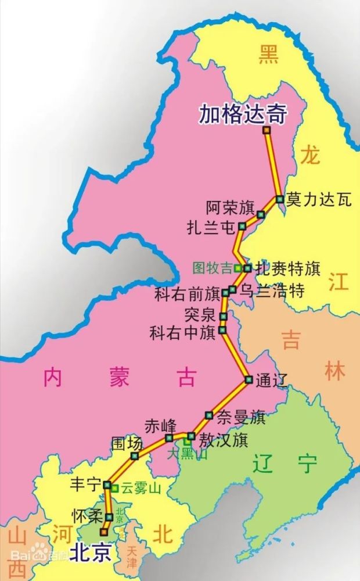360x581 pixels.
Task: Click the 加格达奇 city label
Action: (x=243, y=114)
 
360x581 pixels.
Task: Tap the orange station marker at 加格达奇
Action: (x=267, y=131)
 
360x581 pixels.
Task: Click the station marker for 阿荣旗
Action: (x=261, y=214)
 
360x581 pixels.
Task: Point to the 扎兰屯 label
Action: (x=210, y=226)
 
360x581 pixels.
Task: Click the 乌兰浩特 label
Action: (x=272, y=290)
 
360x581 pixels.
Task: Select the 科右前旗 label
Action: (x=187, y=294)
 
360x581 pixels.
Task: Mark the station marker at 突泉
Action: (x=223, y=316)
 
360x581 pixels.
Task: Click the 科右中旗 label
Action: (x=182, y=333)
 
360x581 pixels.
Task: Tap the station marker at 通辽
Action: (x=249, y=380)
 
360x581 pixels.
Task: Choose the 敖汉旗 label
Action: (x=224, y=440)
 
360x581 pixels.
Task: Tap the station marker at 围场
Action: (x=135, y=456)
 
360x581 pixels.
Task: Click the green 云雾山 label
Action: (x=140, y=489)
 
